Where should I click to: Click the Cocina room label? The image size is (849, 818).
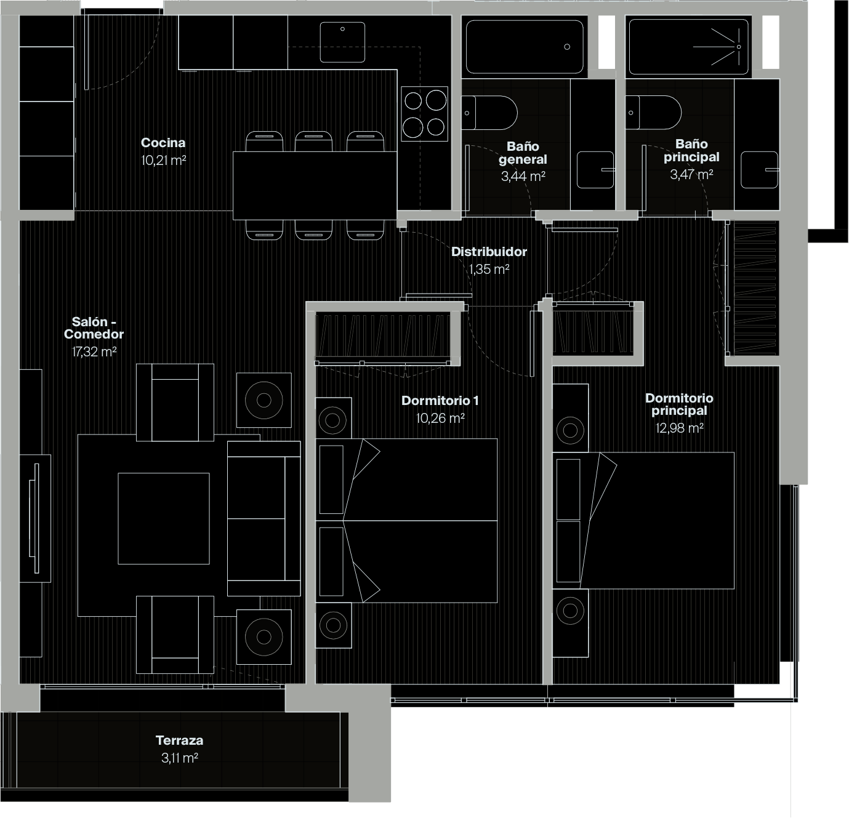pyautogui.click(x=163, y=143)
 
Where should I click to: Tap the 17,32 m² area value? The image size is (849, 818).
pyautogui.click(x=94, y=352)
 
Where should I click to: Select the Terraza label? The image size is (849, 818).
pyautogui.click(x=179, y=740)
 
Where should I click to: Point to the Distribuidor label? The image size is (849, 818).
pyautogui.click(x=489, y=252)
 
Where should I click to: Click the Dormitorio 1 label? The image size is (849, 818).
pyautogui.click(x=440, y=401)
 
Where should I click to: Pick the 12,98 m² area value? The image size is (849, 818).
pyautogui.click(x=680, y=428)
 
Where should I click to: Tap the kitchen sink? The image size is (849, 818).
pyautogui.click(x=342, y=42)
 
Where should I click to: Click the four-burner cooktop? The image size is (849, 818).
pyautogui.click(x=424, y=113)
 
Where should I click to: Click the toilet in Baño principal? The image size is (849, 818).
pyautogui.click(x=653, y=113)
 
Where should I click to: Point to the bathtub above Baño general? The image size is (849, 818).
pyautogui.click(x=525, y=47)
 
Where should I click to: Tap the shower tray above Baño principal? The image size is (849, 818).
pyautogui.click(x=688, y=47)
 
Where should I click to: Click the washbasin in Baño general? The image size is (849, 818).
pyautogui.click(x=595, y=170)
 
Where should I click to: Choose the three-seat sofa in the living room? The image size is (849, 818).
pyautogui.click(x=264, y=518)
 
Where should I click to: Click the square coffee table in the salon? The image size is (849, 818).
pyautogui.click(x=164, y=518)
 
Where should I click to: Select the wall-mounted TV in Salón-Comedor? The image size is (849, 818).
pyautogui.click(x=35, y=518)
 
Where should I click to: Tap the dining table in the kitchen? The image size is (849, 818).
pyautogui.click(x=315, y=185)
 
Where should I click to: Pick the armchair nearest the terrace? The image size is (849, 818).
pyautogui.click(x=175, y=634)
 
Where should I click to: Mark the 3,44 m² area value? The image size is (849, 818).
pyautogui.click(x=523, y=177)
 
